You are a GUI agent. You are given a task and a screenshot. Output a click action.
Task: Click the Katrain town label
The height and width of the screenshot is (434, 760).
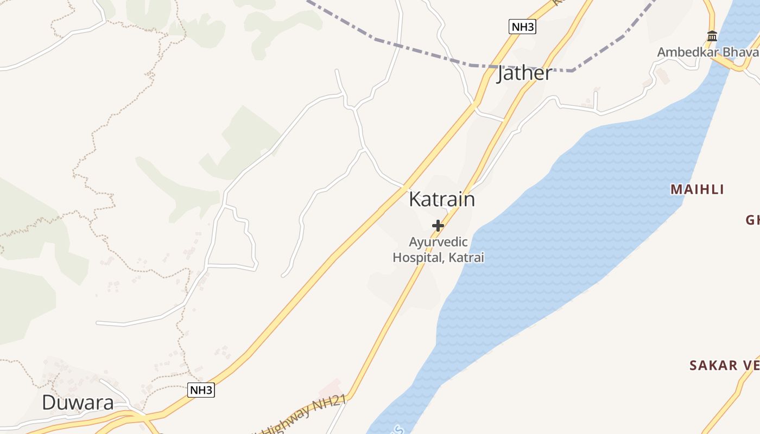441,199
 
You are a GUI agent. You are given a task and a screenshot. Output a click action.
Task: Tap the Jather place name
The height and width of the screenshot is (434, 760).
524,73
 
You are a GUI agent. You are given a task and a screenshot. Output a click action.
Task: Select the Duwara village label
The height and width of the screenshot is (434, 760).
78,403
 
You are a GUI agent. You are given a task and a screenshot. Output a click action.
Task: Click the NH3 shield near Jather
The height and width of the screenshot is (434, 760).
522,27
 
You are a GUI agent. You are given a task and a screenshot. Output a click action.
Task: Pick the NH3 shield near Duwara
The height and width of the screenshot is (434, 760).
201,390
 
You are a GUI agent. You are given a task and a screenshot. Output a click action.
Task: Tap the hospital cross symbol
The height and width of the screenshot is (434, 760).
438,226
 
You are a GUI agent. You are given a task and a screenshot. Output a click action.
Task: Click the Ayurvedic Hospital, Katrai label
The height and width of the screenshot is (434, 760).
438,250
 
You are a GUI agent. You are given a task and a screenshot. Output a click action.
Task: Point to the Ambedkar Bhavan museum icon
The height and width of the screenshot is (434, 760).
712,36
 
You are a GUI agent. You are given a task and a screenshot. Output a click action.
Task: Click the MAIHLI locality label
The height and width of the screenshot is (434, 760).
698,189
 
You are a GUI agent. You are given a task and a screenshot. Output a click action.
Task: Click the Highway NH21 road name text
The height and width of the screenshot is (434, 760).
304,415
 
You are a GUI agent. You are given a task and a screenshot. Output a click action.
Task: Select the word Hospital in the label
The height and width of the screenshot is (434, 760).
417,258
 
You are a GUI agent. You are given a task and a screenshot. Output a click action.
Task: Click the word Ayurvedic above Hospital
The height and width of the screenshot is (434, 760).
438,242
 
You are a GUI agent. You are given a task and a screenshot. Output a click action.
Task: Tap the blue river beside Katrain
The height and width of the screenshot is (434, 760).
570,228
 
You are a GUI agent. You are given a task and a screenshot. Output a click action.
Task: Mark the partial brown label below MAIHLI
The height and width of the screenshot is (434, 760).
752,220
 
